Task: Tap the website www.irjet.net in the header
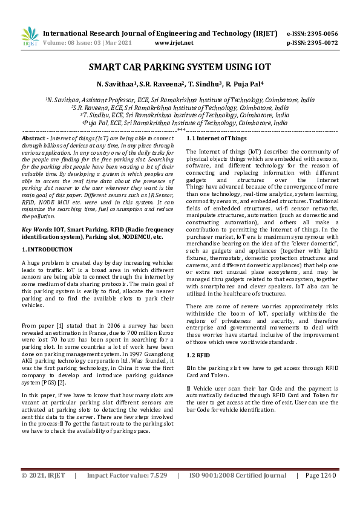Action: point(174,43)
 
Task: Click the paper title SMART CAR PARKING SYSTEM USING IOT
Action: point(180,68)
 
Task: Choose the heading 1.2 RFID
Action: point(198,354)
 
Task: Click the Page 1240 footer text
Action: point(320,493)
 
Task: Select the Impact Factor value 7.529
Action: point(155,493)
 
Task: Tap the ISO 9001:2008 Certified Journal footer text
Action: point(238,493)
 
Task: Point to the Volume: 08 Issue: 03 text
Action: point(73,43)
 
